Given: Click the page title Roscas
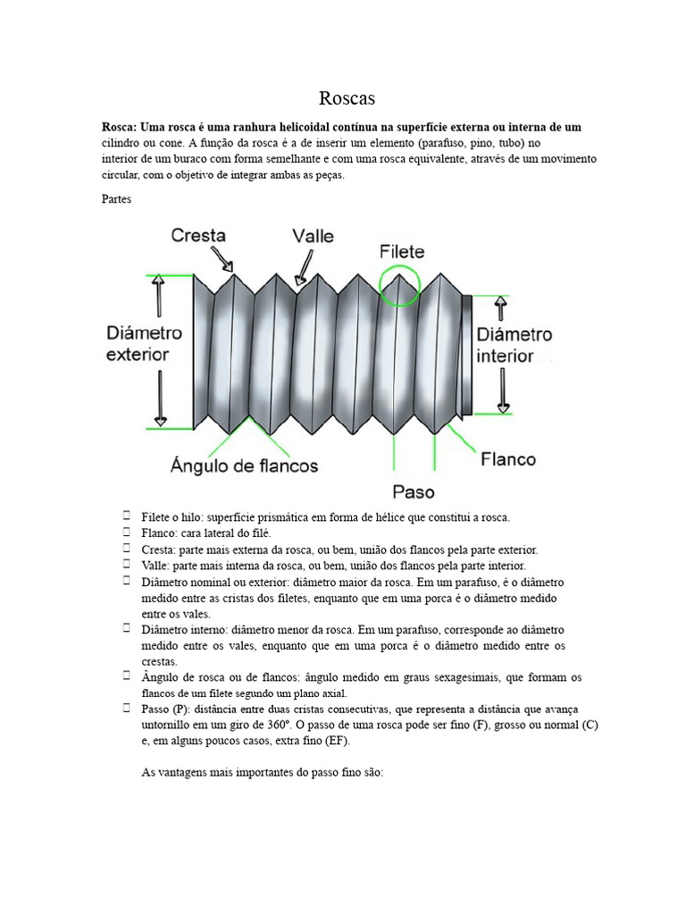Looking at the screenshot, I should point(343,97).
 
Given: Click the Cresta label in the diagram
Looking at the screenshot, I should point(197,236).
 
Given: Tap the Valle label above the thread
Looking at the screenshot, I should point(313,236).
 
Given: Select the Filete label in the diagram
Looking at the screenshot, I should point(402,251).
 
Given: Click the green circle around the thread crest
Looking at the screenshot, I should point(400,284).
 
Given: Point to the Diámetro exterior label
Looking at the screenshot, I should point(144,343).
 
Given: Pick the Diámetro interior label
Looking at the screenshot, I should point(514,345).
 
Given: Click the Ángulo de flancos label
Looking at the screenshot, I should point(244,466).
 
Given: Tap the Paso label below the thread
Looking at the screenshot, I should point(413,491).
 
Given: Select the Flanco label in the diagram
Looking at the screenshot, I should point(507,459).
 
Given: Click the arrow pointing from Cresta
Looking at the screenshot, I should point(222,260).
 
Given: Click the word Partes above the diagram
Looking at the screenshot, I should point(117,199).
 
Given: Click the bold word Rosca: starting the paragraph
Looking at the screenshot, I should point(120,128).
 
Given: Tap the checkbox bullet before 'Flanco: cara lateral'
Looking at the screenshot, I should point(129,532).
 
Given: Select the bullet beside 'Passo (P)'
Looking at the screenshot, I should point(129,708).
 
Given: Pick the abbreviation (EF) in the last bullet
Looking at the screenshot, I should point(338,742).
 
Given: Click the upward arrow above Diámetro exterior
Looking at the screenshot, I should point(160,296).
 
